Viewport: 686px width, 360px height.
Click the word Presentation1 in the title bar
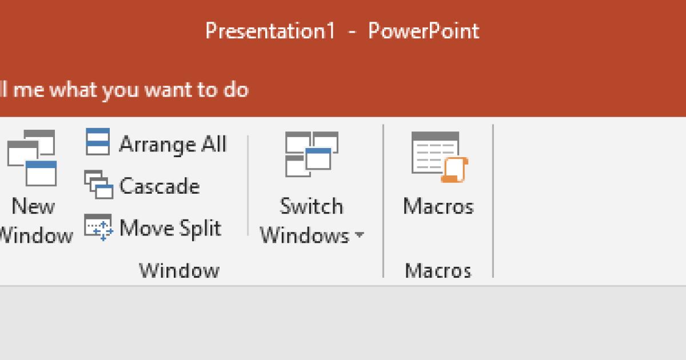tap(270, 31)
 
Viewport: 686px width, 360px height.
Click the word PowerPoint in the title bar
tap(424, 31)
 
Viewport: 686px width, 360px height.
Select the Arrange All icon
tap(97, 142)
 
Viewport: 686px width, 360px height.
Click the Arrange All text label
tap(173, 144)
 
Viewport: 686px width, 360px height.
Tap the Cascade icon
tap(98, 184)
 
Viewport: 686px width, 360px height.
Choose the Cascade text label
tap(159, 186)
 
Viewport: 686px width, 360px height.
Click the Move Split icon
tap(98, 227)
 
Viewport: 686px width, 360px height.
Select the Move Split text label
tap(170, 228)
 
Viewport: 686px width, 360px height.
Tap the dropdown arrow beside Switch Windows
tap(359, 235)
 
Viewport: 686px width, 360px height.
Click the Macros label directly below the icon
tap(438, 206)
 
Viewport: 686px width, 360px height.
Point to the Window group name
tap(179, 270)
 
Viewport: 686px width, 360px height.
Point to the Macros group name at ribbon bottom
tap(438, 270)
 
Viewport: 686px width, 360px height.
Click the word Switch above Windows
tap(312, 206)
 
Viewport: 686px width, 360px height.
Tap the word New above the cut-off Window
tap(33, 206)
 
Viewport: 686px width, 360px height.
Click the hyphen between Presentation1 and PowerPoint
tap(352, 32)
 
